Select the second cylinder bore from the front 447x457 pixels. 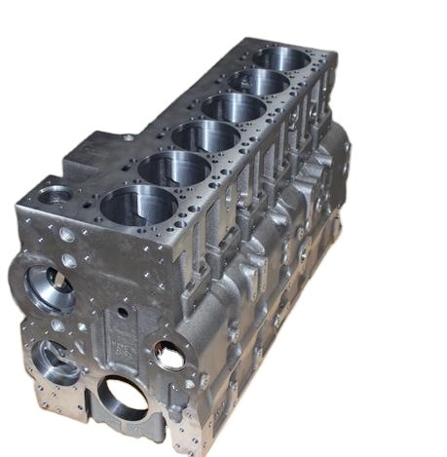click(175, 168)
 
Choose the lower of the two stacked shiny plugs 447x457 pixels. click(69, 261)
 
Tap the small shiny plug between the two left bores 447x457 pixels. click(57, 324)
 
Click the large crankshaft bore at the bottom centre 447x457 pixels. click(122, 397)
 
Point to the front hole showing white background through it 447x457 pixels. click(169, 356)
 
